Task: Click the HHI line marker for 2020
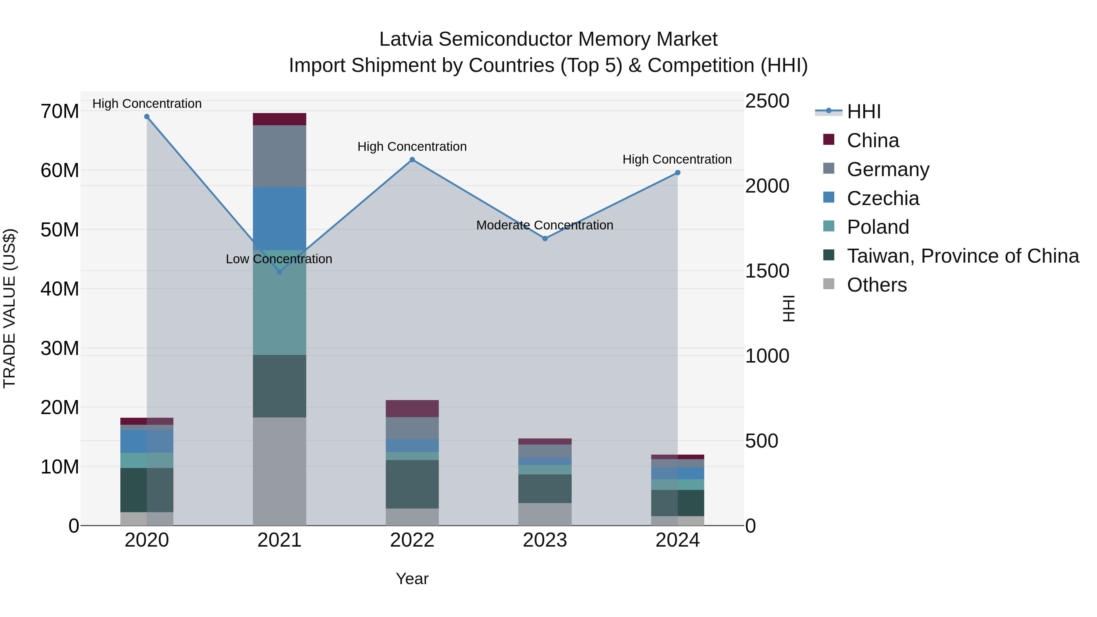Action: (x=147, y=117)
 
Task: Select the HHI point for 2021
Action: (x=279, y=272)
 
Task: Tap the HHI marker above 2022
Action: (x=412, y=160)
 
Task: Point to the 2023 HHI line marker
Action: (x=545, y=239)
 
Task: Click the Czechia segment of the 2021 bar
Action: (x=279, y=218)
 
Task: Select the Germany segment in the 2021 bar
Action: (x=279, y=156)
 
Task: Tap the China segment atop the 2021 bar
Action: (x=279, y=119)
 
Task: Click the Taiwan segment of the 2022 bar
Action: (x=412, y=484)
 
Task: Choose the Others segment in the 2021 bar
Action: (x=279, y=471)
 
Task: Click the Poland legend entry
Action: (x=878, y=227)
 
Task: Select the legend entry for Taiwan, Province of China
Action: (x=962, y=256)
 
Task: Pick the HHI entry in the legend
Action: (x=863, y=112)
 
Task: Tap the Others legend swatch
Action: (x=829, y=284)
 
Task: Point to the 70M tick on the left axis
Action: (x=60, y=112)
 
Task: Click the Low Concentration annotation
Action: (x=279, y=259)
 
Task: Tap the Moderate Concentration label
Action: (x=545, y=225)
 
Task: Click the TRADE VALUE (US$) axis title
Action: (x=10, y=308)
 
